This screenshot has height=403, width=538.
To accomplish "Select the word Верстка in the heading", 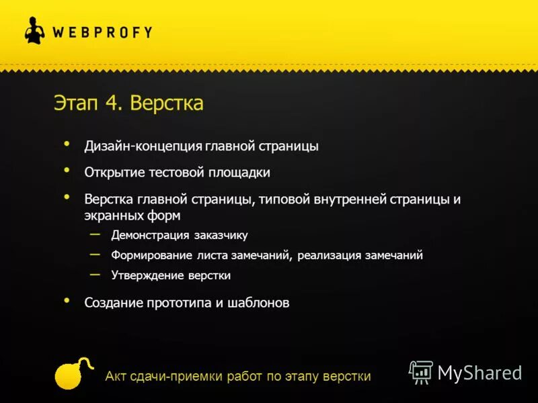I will tap(166, 104).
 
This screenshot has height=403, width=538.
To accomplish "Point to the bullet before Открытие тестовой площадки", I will tap(66, 170).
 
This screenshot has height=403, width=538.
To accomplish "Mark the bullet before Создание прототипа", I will tap(66, 300).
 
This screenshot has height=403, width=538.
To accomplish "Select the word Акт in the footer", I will tap(116, 376).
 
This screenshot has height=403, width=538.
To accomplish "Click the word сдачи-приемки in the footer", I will tap(168, 376).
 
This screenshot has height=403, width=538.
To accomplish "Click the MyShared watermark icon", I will tap(421, 372).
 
